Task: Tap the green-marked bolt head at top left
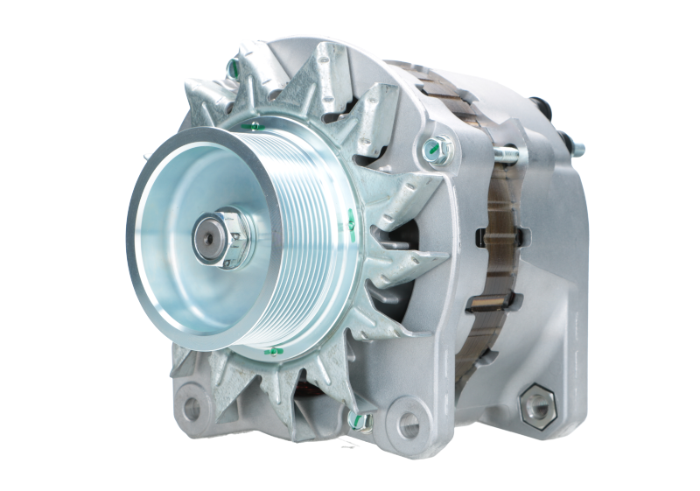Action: pos(234,67)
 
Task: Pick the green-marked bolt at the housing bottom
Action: pos(362,424)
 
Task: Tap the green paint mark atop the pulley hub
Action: pos(251,126)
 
